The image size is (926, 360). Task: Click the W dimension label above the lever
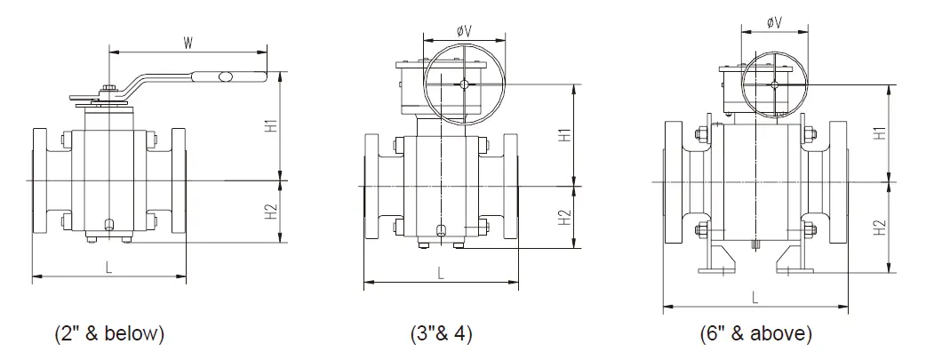(188, 41)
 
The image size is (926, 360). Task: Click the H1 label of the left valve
(273, 125)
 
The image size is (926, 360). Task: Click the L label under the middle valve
(441, 274)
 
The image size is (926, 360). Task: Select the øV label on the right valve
(774, 22)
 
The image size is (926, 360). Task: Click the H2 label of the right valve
(880, 228)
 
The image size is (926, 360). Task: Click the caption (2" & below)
(109, 335)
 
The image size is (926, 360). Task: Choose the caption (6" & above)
(755, 335)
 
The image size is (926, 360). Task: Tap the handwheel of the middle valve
(462, 85)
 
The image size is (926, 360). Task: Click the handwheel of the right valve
(774, 84)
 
